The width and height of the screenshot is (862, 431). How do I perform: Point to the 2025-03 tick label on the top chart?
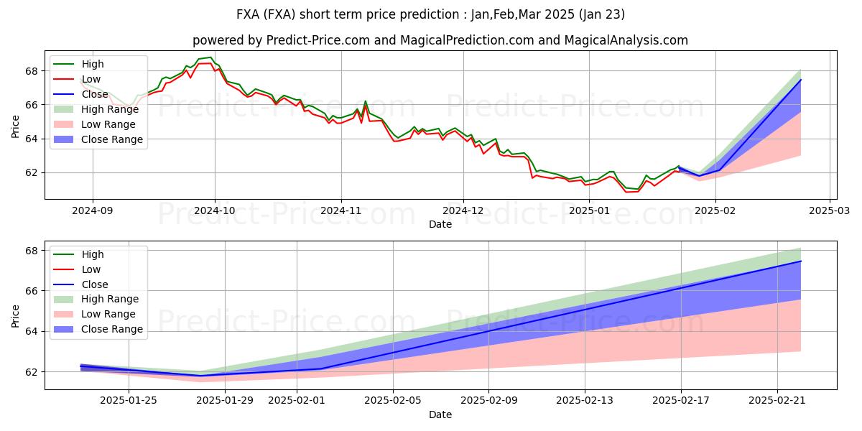pos(830,210)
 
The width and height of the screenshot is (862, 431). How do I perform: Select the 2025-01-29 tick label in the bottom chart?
pos(225,400)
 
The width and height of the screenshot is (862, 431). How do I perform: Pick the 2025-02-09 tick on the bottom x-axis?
pos(488,400)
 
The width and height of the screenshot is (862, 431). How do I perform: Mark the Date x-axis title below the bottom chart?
pos(440,414)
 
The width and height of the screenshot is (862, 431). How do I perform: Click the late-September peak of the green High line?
pos(210,57)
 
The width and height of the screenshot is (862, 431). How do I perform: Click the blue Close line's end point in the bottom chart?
pos(800,261)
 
